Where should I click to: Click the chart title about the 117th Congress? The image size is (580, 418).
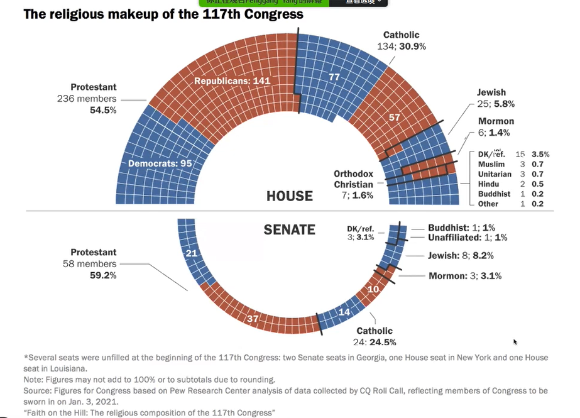163,14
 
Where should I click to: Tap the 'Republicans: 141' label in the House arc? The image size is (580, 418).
232,81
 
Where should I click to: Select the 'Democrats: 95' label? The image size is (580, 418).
160,163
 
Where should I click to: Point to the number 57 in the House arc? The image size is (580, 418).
394,117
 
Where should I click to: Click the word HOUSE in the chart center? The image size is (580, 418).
289,196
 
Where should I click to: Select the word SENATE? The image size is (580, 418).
289,229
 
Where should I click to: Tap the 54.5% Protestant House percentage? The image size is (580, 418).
103,110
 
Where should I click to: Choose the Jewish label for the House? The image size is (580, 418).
491,92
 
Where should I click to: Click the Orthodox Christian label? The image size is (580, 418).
353,179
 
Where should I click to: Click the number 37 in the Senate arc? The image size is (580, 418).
253,319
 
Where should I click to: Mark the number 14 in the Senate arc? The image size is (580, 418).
344,312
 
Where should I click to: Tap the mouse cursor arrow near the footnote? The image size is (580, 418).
515,342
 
